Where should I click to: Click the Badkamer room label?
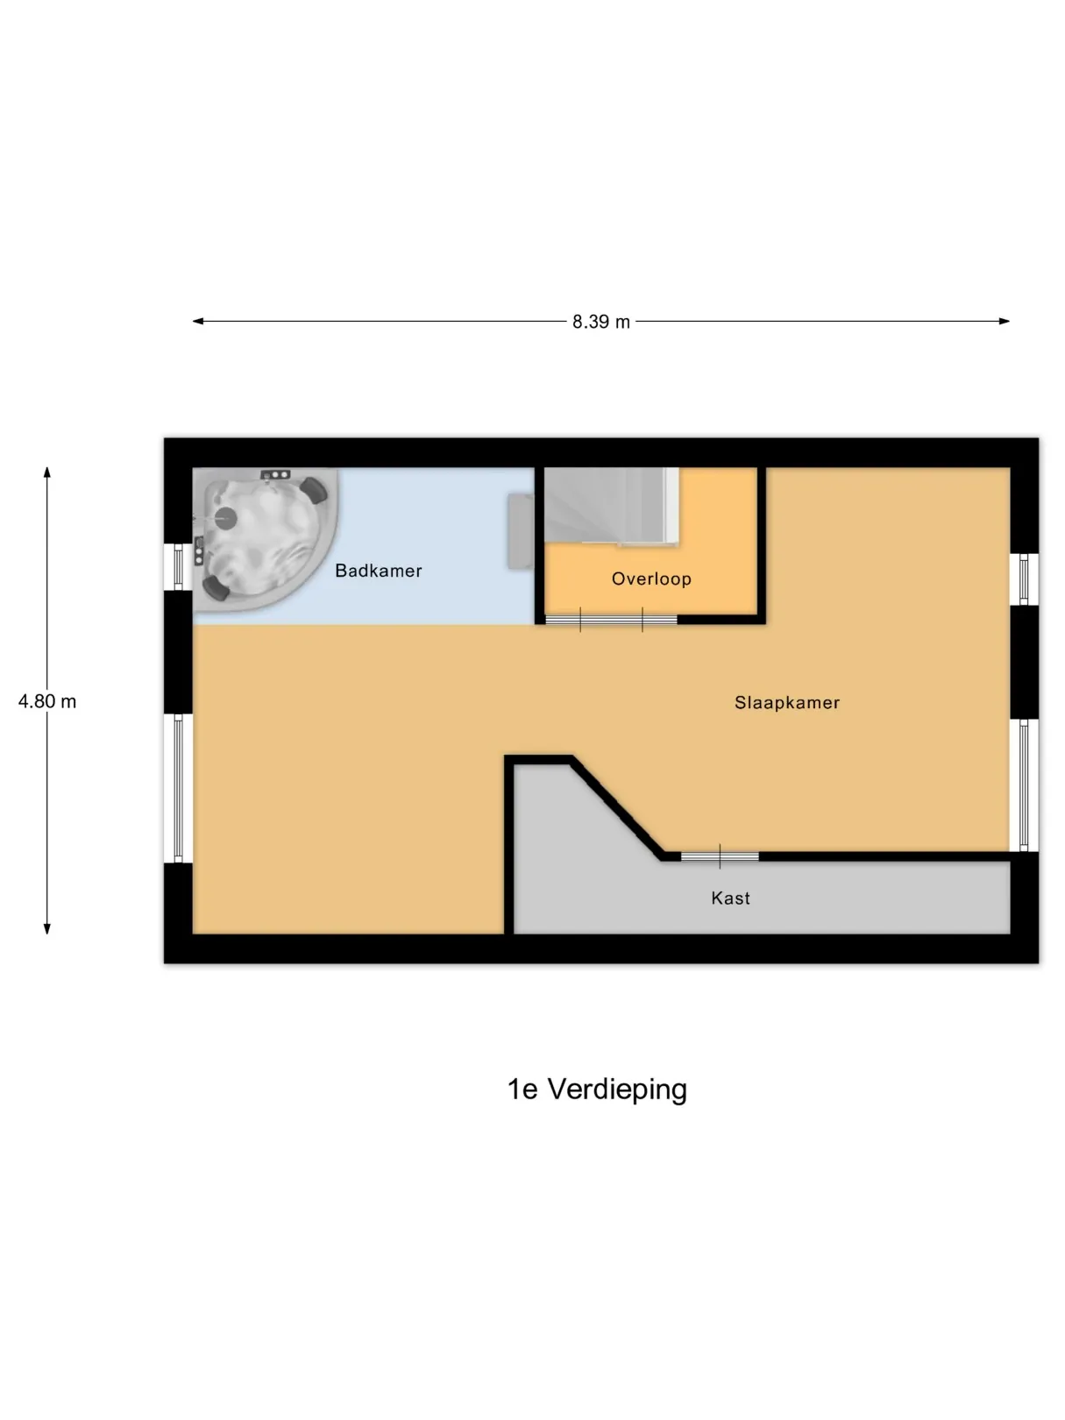(379, 571)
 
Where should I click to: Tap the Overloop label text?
(651, 579)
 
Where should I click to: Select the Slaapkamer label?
(787, 703)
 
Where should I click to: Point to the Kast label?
(731, 898)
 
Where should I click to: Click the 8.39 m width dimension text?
(600, 322)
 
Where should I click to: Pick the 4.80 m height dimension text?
(47, 701)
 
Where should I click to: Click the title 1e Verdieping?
(597, 1090)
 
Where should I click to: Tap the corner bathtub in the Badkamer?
(265, 539)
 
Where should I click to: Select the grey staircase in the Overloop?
(611, 506)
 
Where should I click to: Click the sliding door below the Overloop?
(611, 620)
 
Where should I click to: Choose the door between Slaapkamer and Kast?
(720, 856)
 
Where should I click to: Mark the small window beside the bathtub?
(179, 567)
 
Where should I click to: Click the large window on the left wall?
(179, 788)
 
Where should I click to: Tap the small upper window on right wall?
(1025, 579)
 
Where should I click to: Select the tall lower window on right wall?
(1025, 785)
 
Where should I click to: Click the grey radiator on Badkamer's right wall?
(521, 531)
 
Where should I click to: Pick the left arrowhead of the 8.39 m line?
(198, 321)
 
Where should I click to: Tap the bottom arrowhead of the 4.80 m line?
(47, 928)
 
